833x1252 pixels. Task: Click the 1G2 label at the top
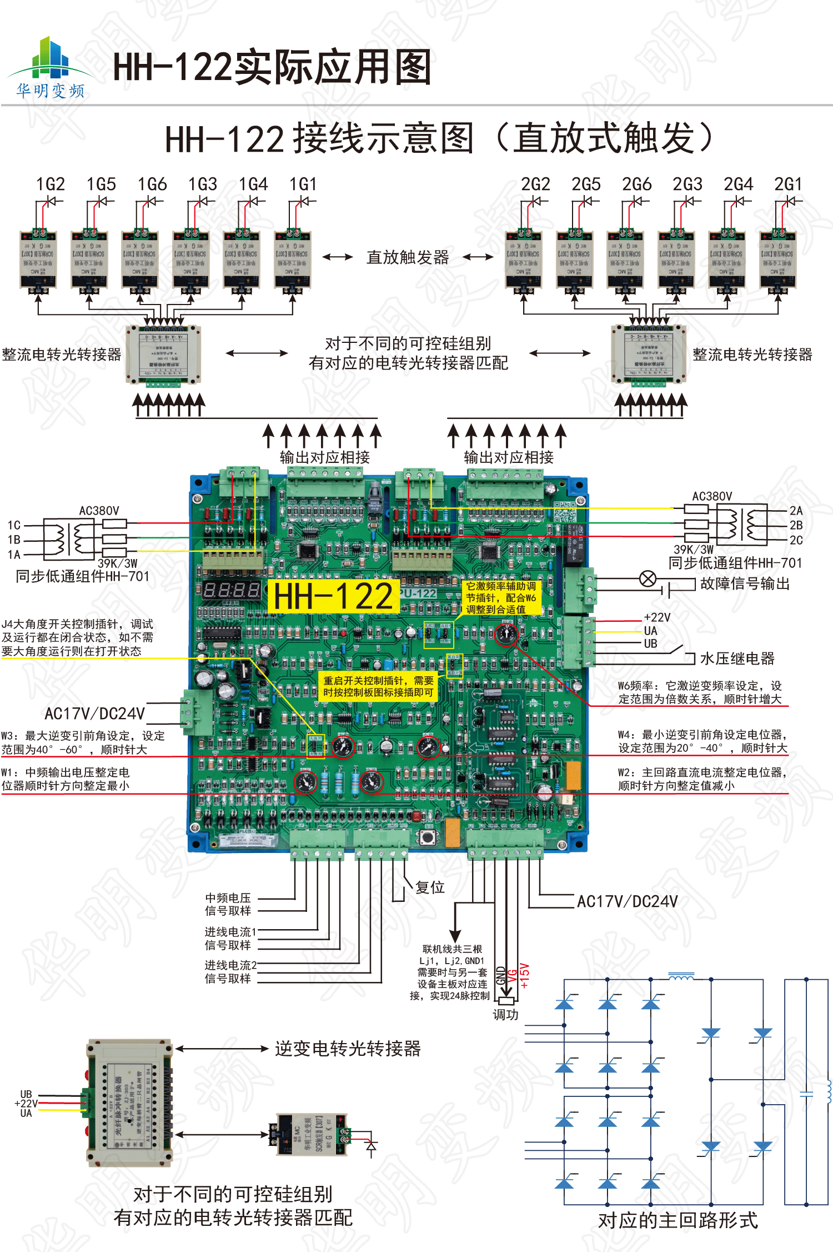[51, 184]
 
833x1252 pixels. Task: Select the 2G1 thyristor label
[788, 184]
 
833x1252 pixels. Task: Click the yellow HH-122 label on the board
[333, 596]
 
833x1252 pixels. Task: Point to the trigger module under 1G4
[242, 259]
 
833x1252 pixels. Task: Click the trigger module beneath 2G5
[575, 259]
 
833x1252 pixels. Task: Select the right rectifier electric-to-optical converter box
[649, 355]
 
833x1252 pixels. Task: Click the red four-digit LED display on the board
[231, 590]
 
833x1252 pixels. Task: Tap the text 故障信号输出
[745, 583]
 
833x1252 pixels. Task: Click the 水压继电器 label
[737, 659]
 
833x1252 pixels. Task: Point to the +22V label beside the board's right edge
[657, 617]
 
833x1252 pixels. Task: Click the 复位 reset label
[430, 887]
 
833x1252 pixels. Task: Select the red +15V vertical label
[525, 975]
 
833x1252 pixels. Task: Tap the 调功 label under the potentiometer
[505, 1015]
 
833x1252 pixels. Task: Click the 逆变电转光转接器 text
[348, 1049]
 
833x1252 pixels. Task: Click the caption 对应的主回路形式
[678, 1220]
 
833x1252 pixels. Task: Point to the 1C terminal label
[14, 525]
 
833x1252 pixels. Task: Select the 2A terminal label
[796, 511]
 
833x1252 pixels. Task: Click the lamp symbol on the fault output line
[648, 579]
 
